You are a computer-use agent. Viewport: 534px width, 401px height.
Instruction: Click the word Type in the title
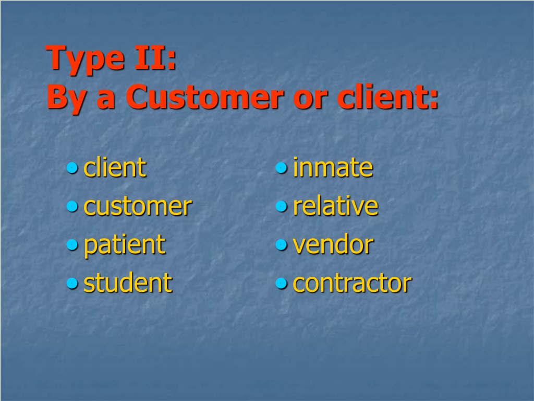coord(85,59)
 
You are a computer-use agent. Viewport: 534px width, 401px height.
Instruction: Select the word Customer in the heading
coord(204,97)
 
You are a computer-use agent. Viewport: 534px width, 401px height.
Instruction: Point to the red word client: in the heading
coord(387,96)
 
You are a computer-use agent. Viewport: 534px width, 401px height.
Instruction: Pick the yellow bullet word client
coord(115,167)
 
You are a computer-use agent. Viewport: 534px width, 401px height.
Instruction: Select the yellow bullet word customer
coord(138,207)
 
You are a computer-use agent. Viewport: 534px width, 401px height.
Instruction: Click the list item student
coord(128,282)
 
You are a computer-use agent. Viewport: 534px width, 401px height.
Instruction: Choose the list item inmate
coord(333,167)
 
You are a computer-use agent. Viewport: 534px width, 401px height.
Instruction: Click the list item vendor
coord(333,244)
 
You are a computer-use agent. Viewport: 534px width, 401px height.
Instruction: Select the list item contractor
coord(352,283)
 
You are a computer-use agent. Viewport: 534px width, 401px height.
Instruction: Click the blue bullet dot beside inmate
coord(281,168)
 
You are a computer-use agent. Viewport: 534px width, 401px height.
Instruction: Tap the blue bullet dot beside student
coord(72,283)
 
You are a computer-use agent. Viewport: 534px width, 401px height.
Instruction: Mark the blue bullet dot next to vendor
coord(281,244)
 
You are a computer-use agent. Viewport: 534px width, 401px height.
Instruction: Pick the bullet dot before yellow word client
coord(72,168)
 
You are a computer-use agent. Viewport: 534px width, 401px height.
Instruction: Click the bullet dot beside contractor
coord(281,283)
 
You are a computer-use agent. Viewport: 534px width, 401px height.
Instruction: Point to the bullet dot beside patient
coord(72,244)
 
